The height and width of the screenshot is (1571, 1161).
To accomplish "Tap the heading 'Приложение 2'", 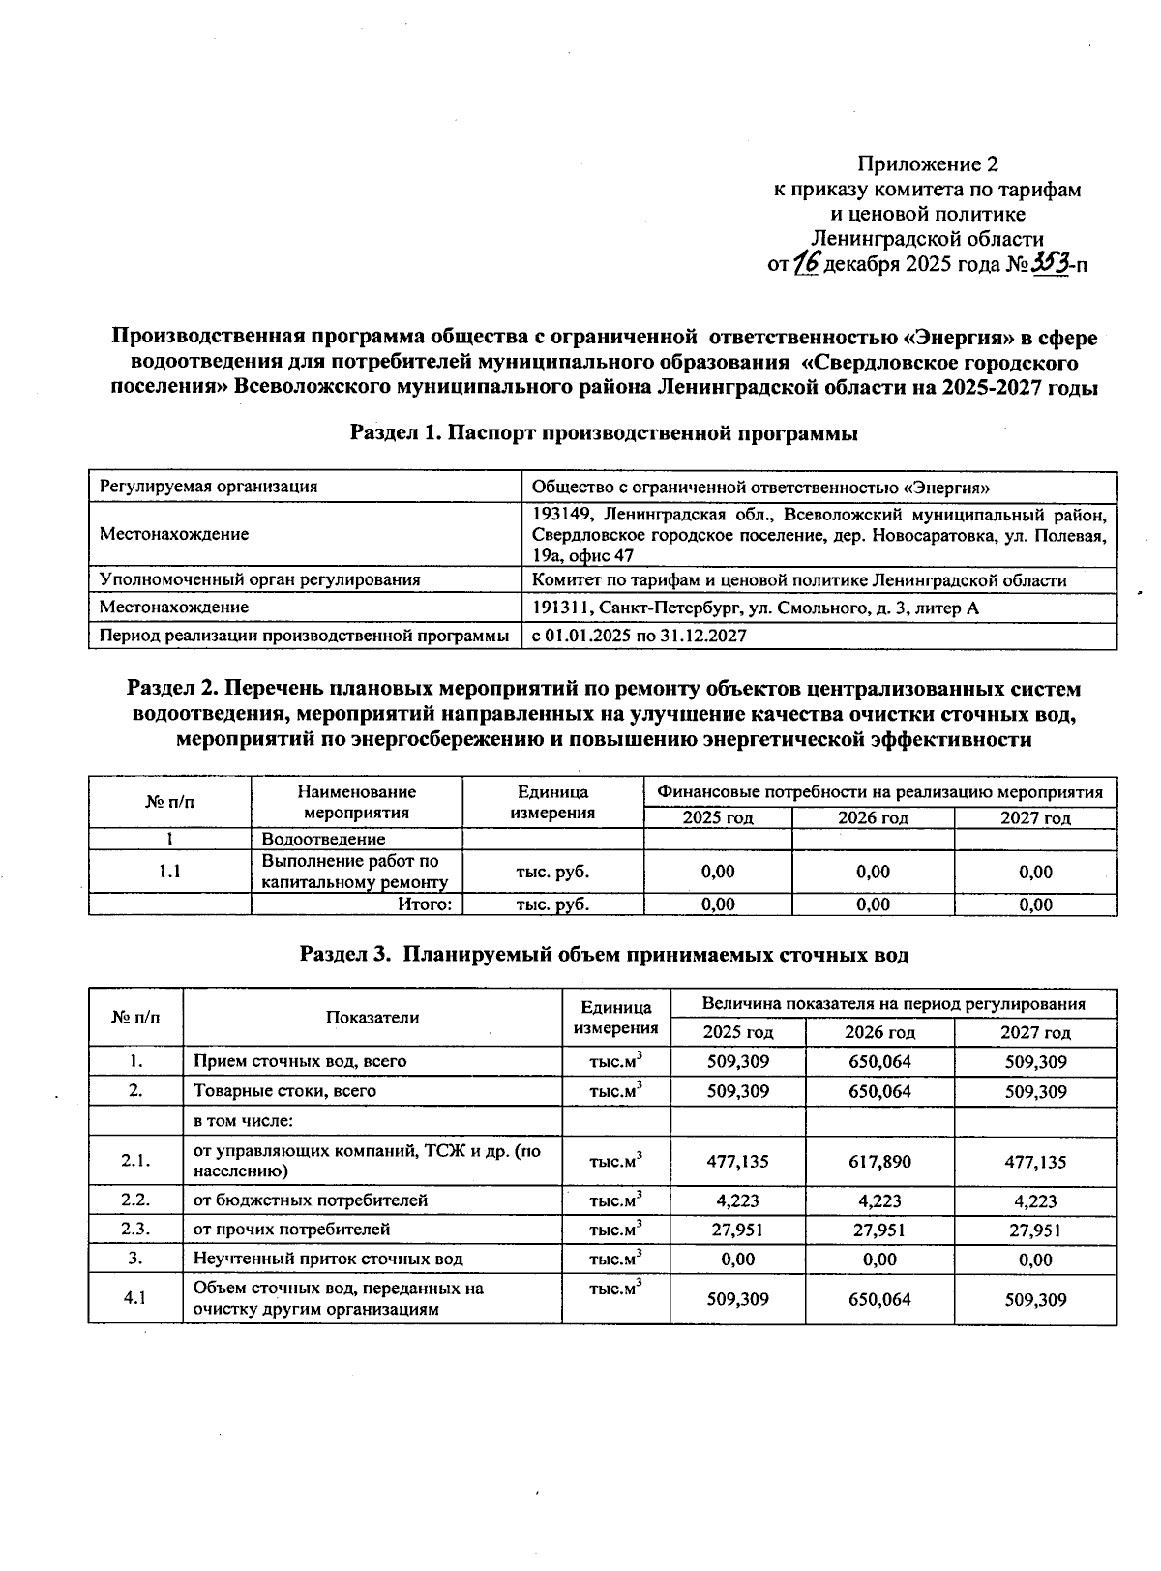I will [x=928, y=163].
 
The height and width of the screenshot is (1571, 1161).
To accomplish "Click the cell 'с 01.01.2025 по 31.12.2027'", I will [x=640, y=636].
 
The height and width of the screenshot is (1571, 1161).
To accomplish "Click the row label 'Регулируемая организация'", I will [x=208, y=487].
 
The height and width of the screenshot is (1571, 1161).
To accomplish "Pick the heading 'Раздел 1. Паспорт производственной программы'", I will [x=604, y=433].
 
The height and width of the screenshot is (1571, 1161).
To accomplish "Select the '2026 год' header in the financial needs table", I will [x=873, y=818].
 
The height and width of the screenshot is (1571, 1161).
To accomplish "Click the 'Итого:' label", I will [x=426, y=904].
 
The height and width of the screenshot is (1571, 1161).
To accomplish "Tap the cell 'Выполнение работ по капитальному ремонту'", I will [x=354, y=872].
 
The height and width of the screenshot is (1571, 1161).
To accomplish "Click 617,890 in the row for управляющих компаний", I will [x=879, y=1161].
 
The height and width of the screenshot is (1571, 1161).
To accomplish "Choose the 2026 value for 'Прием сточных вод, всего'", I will [x=879, y=1061].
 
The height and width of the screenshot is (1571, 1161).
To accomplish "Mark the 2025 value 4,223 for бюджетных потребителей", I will [x=737, y=1200].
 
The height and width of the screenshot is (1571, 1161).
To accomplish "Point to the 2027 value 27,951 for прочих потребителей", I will [x=1035, y=1230].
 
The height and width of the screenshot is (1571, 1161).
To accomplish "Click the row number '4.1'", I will [x=135, y=1298].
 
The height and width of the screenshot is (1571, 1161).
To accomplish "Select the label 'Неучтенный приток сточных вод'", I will [x=328, y=1259].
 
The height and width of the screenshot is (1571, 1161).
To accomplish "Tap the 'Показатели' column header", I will [x=372, y=1017].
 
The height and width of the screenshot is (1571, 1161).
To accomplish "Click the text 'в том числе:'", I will [x=243, y=1121].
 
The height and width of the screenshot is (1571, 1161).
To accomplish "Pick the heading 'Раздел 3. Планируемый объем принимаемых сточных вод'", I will [x=604, y=955].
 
